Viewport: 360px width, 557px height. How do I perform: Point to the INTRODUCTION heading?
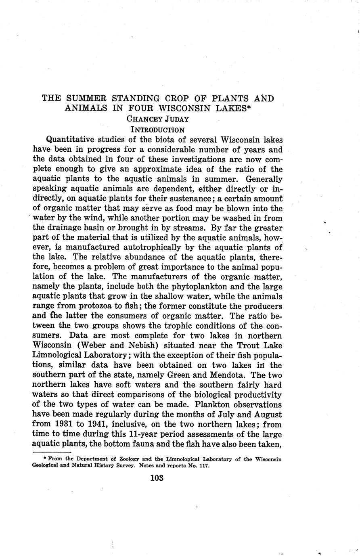coord(158,130)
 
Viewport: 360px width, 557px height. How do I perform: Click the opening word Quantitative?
coord(74,140)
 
